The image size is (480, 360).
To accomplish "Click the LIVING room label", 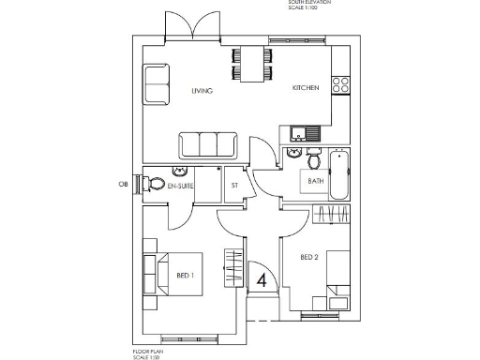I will pos(202,91).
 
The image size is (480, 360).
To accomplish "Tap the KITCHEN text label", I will pos(306,87).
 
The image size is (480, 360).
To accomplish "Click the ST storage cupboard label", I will pos(234,186).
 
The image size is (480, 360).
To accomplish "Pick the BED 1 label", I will pos(185,276).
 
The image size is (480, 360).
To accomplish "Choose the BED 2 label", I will pos(309,257).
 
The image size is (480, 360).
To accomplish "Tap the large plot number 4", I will pos(262,279).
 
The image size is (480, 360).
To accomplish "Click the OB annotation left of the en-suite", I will pos(122,184).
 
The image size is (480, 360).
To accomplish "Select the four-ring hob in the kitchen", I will pos(340,85).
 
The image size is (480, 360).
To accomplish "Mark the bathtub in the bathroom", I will pos(338,173).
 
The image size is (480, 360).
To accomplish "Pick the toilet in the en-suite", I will pos(156,184).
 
